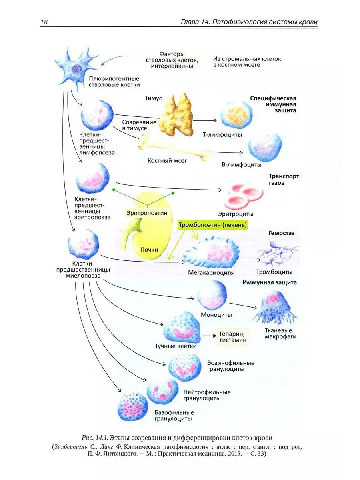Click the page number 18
click(x=44, y=22)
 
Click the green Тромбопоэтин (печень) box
click(x=213, y=225)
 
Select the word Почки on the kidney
click(x=149, y=250)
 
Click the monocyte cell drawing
click(x=212, y=296)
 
